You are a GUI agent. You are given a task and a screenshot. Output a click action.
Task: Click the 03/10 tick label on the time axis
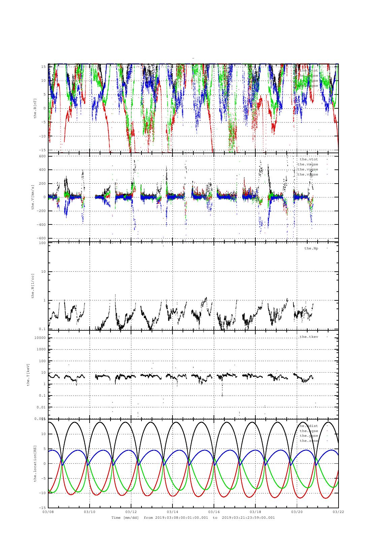point(90,512)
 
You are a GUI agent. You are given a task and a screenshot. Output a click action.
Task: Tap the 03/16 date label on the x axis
point(214,512)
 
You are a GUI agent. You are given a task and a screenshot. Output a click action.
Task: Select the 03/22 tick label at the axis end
point(338,512)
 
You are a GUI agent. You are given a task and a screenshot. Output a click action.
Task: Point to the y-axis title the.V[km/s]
point(33,197)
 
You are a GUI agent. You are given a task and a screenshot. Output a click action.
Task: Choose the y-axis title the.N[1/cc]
point(33,286)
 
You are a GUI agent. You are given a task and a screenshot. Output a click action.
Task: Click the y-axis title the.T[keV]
point(29,374)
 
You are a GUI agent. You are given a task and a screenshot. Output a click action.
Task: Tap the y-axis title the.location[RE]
point(35,463)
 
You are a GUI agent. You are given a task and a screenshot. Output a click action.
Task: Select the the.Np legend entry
point(311,248)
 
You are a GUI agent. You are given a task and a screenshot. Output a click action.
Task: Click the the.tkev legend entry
point(309,337)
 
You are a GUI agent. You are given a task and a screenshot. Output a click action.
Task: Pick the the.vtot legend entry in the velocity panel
point(309,159)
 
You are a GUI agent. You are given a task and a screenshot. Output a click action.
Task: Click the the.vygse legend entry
point(308,169)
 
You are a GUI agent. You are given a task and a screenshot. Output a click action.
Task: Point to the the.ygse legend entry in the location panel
point(309,436)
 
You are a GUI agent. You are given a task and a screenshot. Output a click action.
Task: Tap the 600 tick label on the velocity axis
point(42,156)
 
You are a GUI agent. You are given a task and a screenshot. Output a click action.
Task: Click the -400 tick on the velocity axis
point(41,224)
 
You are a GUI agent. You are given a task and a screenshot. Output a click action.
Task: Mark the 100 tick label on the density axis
point(42,243)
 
